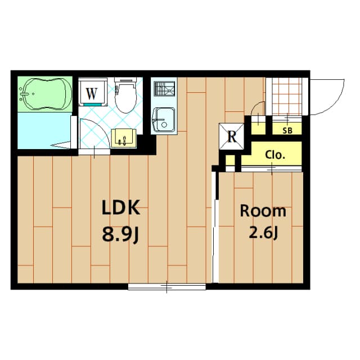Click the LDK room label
[x=120, y=209]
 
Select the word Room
[x=263, y=211]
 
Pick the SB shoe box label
[x=287, y=130]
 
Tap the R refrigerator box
[x=231, y=136]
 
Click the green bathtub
[x=44, y=94]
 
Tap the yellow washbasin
[x=122, y=137]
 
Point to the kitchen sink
[x=163, y=119]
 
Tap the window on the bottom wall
[x=167, y=287]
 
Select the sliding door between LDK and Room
[x=214, y=225]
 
